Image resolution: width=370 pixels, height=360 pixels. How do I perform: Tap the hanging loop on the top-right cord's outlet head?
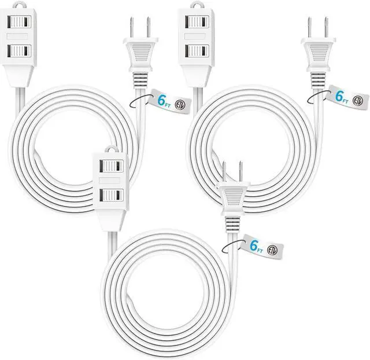pyautogui.click(x=196, y=6)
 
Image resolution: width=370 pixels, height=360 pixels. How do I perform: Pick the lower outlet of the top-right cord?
pyautogui.click(x=196, y=52)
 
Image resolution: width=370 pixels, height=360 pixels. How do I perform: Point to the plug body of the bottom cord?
pyautogui.click(x=232, y=200)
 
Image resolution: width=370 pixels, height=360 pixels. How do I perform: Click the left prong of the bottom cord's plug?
pyautogui.click(x=223, y=171)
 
